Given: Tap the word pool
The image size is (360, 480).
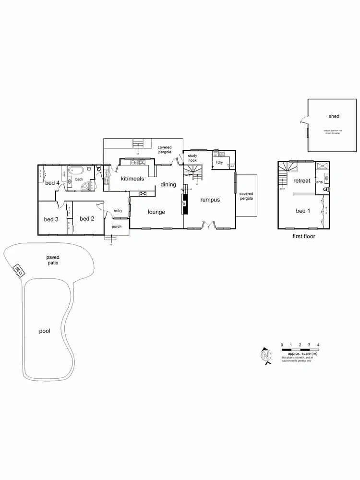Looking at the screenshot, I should pyautogui.click(x=45, y=331).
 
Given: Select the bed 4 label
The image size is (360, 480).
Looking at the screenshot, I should pyautogui.click(x=52, y=182).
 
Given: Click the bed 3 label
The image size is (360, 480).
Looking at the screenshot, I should pyautogui.click(x=51, y=219).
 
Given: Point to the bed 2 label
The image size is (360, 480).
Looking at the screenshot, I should pyautogui.click(x=86, y=219).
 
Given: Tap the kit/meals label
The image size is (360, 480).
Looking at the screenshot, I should pyautogui.click(x=127, y=179).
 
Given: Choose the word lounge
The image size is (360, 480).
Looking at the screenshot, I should pyautogui.click(x=156, y=212).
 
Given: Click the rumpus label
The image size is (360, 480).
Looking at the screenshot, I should pyautogui.click(x=210, y=199).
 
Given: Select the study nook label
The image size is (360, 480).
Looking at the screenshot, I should pyautogui.click(x=192, y=158).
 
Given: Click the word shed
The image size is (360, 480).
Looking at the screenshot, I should pyautogui.click(x=334, y=116).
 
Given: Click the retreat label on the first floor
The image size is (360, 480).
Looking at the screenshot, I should pyautogui.click(x=302, y=180).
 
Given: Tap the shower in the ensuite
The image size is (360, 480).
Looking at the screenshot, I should pyautogui.click(x=323, y=166).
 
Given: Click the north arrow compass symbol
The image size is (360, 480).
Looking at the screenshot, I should pyautogui.click(x=265, y=356).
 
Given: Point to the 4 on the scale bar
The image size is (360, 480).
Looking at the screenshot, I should pyautogui.click(x=318, y=345).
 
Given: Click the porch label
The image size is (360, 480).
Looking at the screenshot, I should pyautogui.click(x=117, y=227).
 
